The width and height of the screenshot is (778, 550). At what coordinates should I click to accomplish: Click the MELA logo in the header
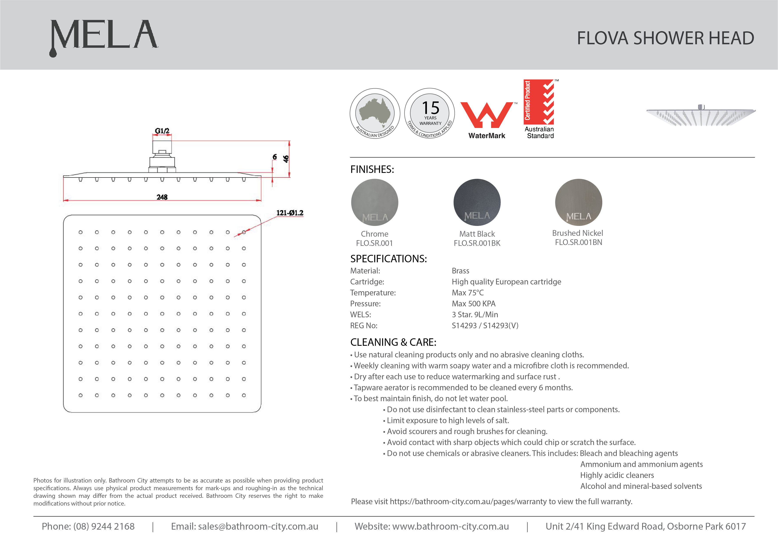pyautogui.click(x=104, y=37)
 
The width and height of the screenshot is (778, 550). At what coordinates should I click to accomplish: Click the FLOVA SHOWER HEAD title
pyautogui.click(x=665, y=38)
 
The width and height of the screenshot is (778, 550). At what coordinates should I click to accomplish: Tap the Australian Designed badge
pyautogui.click(x=375, y=113)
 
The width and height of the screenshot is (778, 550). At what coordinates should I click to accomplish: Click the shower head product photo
pyautogui.click(x=701, y=115)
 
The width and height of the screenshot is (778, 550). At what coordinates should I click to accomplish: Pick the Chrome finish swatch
pyautogui.click(x=375, y=202)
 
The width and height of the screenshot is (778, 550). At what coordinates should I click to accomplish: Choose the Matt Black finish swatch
pyautogui.click(x=477, y=202)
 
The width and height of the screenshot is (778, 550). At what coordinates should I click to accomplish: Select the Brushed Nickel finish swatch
pyautogui.click(x=578, y=202)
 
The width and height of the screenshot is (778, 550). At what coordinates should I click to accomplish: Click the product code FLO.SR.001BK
pyautogui.click(x=477, y=243)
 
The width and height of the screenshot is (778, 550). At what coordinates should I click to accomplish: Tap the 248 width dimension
pyautogui.click(x=162, y=197)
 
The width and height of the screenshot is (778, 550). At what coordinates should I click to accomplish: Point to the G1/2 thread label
pyautogui.click(x=162, y=131)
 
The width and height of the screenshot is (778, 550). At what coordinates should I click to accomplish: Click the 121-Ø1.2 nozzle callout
pyautogui.click(x=290, y=213)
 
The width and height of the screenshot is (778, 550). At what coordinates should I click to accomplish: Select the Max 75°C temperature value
pyautogui.click(x=468, y=293)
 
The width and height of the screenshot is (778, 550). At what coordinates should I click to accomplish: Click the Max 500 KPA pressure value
pyautogui.click(x=473, y=304)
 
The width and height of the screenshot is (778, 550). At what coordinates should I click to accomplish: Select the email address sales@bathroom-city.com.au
pyautogui.click(x=258, y=526)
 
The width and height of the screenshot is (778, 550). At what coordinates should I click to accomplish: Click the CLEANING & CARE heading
pyautogui.click(x=393, y=342)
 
